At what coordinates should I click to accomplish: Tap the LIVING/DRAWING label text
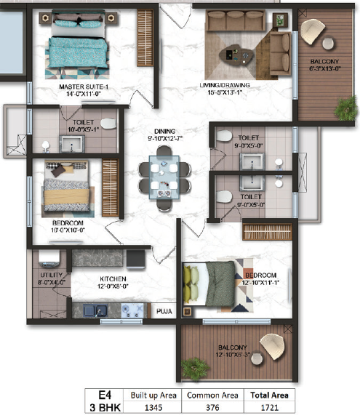pos(230,86)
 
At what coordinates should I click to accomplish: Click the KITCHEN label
pos(113,278)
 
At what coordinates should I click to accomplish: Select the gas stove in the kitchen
pos(133,310)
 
